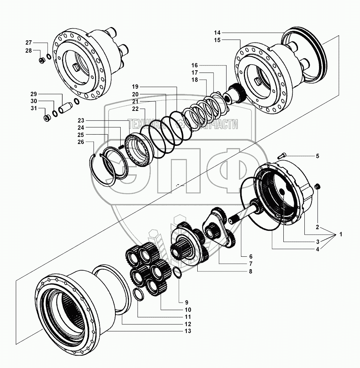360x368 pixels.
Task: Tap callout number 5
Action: (x=318, y=156)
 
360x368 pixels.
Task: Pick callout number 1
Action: (x=341, y=234)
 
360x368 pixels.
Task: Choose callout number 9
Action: (x=186, y=302)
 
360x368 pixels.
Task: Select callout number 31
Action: (x=34, y=109)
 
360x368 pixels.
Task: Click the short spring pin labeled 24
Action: (x=121, y=147)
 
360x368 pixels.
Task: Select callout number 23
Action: (x=81, y=120)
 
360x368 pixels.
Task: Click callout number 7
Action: (x=250, y=264)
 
